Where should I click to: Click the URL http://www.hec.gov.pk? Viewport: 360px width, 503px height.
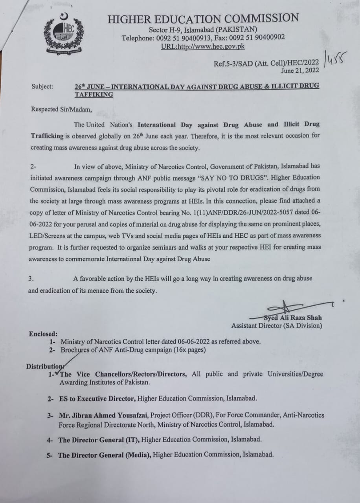pos(203,46)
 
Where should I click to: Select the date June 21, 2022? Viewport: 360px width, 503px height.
pos(300,71)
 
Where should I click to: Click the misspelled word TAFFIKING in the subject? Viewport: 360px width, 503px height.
pos(94,94)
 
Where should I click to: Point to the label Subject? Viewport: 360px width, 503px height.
pos(42,86)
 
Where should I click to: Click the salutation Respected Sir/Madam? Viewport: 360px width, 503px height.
pos(61,109)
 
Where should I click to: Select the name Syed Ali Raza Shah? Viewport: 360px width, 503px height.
pos(293,318)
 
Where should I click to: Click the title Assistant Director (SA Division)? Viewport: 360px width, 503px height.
pos(277,325)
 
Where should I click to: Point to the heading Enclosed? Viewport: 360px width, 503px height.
pos(43,334)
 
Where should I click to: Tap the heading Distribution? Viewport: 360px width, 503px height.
pos(44,366)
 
